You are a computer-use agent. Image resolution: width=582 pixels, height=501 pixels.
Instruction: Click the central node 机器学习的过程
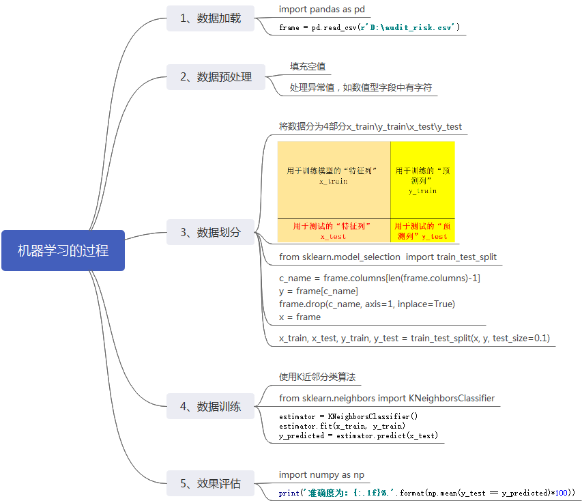[63, 250]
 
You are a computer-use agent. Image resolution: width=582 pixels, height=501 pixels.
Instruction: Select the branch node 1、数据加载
[210, 18]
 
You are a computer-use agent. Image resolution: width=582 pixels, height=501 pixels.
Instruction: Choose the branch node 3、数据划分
[210, 232]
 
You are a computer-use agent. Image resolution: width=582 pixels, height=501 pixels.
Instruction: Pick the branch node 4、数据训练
[210, 407]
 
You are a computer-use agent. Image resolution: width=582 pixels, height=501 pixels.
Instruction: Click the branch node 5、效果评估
[210, 483]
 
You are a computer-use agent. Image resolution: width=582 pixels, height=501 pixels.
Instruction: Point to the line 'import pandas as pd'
[322, 9]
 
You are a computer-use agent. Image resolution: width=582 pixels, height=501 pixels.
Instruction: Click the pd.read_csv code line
[369, 28]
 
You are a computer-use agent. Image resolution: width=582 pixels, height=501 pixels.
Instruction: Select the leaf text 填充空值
[308, 66]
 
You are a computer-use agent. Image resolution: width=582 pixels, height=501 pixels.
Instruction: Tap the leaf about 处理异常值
[361, 87]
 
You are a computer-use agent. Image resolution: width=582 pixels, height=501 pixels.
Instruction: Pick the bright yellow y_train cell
[422, 180]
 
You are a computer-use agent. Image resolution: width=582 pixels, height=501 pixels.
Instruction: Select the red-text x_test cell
[334, 231]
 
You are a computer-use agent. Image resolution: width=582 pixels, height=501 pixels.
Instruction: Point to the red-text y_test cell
[422, 231]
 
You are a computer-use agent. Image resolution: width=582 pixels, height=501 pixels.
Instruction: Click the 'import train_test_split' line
[388, 257]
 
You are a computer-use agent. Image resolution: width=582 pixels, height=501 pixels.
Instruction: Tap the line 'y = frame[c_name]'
[318, 291]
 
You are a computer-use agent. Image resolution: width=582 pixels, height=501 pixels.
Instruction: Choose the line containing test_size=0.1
[414, 338]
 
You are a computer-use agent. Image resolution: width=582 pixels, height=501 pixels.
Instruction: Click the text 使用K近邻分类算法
[317, 377]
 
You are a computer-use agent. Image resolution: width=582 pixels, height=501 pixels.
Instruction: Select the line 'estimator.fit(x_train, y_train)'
[342, 426]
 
